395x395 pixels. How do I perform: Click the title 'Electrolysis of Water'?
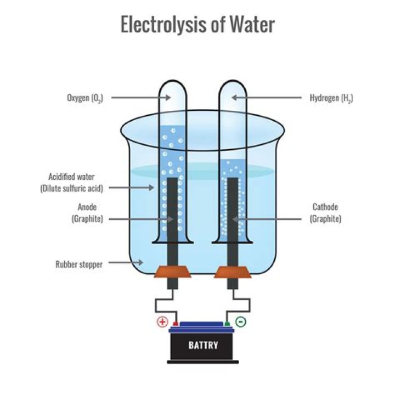(198, 25)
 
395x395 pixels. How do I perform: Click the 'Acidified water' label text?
(71, 177)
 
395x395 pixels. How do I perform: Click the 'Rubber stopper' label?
(78, 264)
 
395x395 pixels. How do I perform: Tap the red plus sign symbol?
(162, 321)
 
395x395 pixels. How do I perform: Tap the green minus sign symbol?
(240, 321)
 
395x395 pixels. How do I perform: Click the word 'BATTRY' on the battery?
(203, 346)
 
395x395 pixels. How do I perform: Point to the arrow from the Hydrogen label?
(266, 98)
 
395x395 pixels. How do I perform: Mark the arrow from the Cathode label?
(269, 219)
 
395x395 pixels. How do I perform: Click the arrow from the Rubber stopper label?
(126, 264)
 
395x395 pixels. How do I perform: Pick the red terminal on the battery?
(176, 324)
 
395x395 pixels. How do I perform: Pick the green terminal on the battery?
(227, 324)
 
